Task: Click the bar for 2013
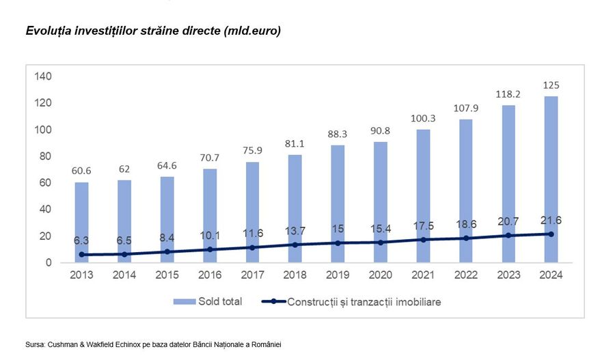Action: click(81, 222)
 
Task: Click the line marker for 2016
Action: click(209, 249)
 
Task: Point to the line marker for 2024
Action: click(551, 234)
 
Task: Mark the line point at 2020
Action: click(380, 242)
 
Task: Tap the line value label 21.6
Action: click(551, 219)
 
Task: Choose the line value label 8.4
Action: click(167, 237)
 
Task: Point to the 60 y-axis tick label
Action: click(46, 182)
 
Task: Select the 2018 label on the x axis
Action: click(295, 275)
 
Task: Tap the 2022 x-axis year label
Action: click(465, 275)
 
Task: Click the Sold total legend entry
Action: click(208, 301)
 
